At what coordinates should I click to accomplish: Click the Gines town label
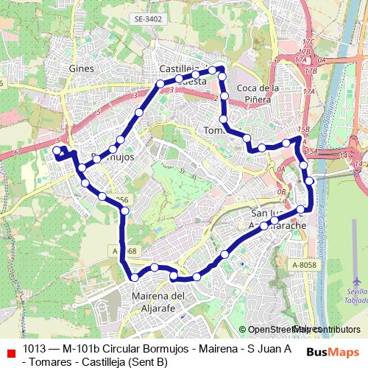tap(80, 68)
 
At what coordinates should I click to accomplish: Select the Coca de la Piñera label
tap(258, 93)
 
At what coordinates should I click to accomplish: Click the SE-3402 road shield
tap(147, 38)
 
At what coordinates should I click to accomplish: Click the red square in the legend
tap(10, 352)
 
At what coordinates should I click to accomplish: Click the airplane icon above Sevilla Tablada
tap(357, 281)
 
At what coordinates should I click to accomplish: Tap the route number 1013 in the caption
tap(35, 348)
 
